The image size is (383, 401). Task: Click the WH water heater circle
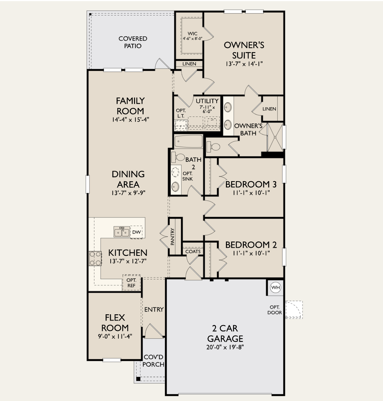tap(275, 288)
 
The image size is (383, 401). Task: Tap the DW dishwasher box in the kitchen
tap(136, 232)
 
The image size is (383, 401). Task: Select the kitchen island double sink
tap(121, 232)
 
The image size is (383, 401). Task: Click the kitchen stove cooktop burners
tap(95, 258)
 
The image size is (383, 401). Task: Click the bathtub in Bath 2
tap(188, 142)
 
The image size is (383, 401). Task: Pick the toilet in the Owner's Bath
tap(214, 147)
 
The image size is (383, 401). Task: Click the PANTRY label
tap(173, 236)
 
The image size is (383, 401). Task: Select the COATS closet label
tap(193, 252)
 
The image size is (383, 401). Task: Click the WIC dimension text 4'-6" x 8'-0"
tap(193, 38)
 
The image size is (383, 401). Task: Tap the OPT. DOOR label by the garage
tap(274, 310)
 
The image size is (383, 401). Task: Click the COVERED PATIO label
tap(133, 42)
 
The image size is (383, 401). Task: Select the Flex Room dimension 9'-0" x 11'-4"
tap(115, 336)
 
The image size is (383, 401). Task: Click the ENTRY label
tap(154, 309)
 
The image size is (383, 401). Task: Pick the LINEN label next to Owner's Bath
tap(269, 109)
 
